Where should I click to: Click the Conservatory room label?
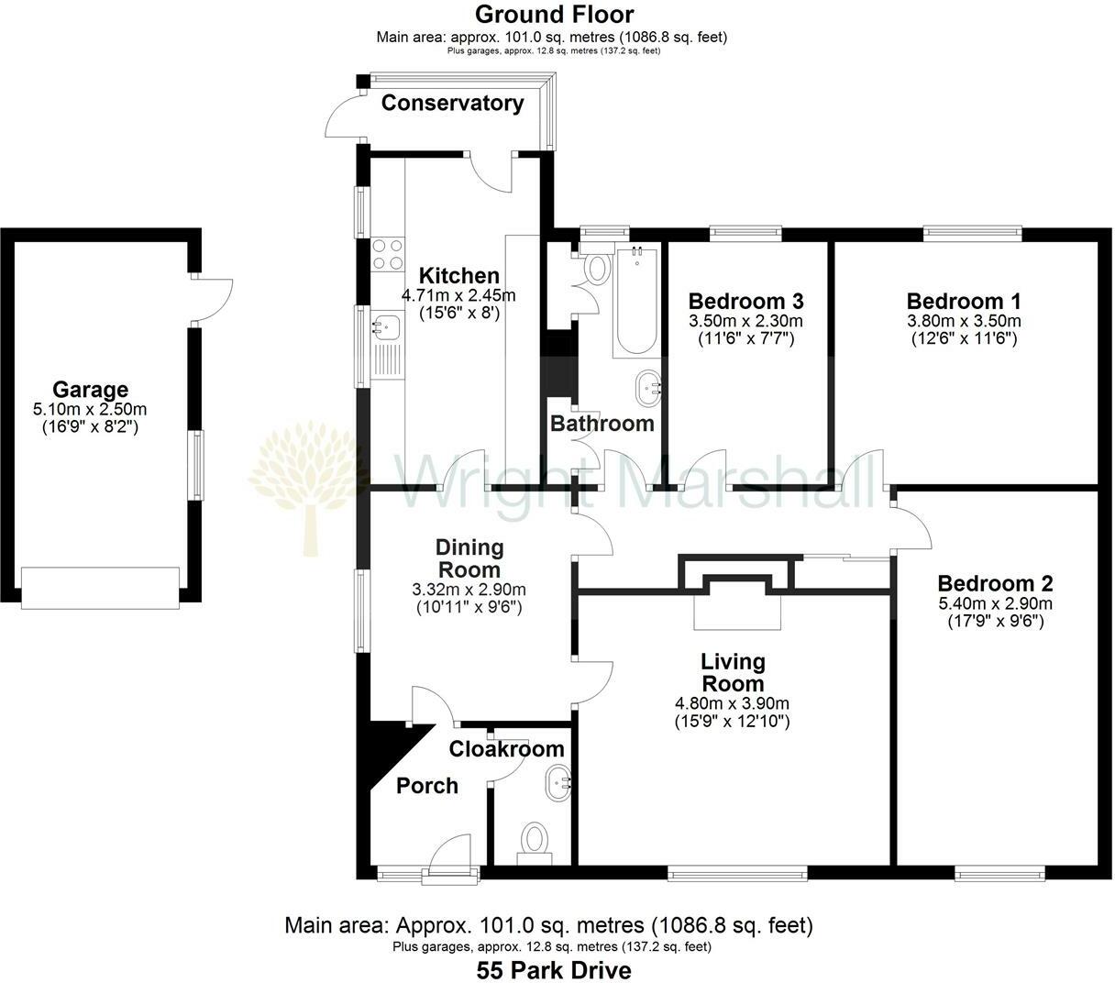click(452, 103)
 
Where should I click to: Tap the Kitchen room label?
click(458, 275)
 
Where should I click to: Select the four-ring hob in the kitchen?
click(388, 254)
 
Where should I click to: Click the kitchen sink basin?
click(386, 324)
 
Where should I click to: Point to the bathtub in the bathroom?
click(635, 300)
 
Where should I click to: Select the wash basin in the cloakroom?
click(557, 782)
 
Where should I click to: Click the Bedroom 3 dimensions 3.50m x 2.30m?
click(745, 321)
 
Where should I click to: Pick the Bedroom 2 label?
click(995, 583)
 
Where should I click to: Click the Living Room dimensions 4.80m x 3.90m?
click(732, 704)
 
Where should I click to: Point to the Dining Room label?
click(469, 558)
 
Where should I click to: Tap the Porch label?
click(427, 786)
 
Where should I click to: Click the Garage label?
click(90, 390)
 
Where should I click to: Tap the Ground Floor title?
click(553, 15)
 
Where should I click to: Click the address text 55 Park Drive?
click(553, 969)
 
